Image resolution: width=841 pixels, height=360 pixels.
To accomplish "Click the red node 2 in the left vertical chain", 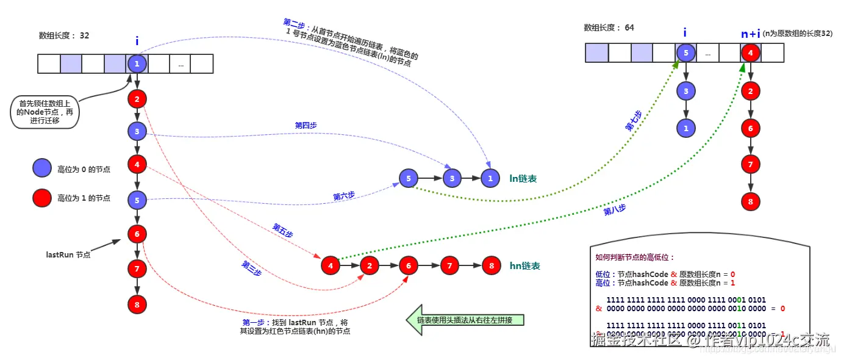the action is (137, 98).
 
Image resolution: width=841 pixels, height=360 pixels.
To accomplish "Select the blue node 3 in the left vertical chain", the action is (137, 131).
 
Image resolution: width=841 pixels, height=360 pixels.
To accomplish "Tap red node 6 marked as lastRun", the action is (137, 234).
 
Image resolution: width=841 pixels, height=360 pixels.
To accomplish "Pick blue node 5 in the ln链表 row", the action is (408, 178).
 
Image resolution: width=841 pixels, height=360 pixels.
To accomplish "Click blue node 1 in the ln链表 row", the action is (489, 178).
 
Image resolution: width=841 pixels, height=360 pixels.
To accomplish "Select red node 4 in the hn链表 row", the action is (330, 265).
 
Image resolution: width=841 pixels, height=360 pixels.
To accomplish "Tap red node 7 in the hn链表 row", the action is (449, 265).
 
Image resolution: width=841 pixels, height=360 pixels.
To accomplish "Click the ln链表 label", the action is (523, 179).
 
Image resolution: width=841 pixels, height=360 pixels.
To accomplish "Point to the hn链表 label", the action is (524, 266).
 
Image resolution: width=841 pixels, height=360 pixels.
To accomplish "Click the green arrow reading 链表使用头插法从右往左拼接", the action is (467, 320).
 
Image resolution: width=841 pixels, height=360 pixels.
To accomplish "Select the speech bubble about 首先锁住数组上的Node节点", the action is (45, 112).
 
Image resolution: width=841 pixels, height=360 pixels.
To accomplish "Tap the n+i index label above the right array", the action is (750, 34).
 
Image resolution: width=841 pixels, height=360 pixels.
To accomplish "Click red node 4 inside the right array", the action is (751, 53).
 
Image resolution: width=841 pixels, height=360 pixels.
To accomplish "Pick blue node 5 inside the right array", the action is (685, 53).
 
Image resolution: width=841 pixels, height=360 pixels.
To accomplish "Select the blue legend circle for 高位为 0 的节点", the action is (42, 168).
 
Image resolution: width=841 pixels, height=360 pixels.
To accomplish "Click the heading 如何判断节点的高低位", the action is (635, 258).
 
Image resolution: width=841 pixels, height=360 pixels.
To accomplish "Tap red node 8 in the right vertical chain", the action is (751, 201).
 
